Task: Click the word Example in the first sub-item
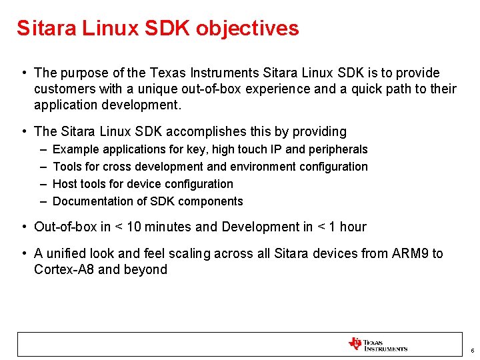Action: click(x=74, y=149)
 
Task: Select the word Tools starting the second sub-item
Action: click(x=67, y=167)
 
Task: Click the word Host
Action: click(x=65, y=184)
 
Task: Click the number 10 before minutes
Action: click(x=133, y=227)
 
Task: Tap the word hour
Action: click(x=353, y=227)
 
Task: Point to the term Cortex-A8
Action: click(x=65, y=269)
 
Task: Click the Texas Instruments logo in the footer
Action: click(x=377, y=345)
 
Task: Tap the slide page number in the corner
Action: click(x=472, y=351)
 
